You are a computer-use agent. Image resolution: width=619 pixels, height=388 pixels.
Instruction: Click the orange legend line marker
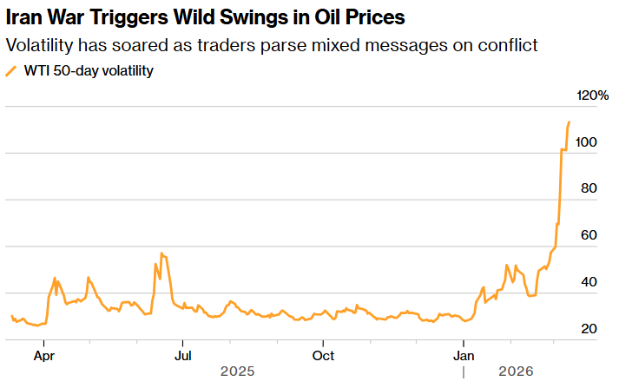tap(11, 71)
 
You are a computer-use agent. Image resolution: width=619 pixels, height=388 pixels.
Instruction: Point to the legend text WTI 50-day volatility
tap(88, 71)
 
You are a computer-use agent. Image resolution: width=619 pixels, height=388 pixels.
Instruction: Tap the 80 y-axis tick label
tap(587, 188)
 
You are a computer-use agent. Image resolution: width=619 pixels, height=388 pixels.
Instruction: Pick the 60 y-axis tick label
tap(587, 235)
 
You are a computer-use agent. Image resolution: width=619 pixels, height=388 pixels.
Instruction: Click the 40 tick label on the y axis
tap(587, 282)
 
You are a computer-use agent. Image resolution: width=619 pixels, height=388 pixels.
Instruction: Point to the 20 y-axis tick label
tap(587, 329)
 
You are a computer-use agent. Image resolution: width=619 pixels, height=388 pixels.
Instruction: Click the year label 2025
tap(237, 372)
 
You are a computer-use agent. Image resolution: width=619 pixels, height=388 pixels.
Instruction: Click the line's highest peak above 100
tap(570, 122)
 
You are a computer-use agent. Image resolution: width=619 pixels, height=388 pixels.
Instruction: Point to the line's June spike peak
tap(161, 253)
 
